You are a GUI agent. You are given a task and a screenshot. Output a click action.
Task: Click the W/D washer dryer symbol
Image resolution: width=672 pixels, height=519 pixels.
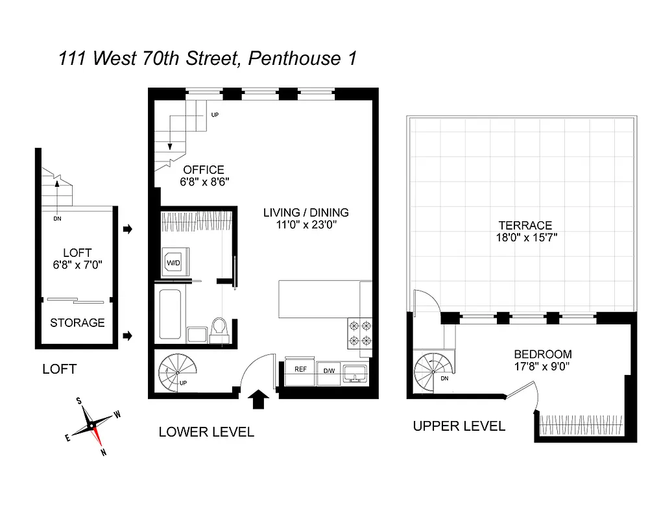tap(173, 263)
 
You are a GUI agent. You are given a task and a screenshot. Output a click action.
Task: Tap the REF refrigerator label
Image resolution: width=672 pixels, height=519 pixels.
tap(300, 369)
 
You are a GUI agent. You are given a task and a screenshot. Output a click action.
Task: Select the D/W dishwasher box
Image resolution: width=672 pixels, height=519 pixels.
tap(329, 370)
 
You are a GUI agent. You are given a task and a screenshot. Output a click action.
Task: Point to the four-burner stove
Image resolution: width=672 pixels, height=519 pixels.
tap(360, 333)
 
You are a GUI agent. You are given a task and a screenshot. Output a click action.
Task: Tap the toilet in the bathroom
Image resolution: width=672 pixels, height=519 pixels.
tap(219, 328)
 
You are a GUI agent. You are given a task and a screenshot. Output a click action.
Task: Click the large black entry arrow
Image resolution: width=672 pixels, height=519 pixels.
tap(258, 399)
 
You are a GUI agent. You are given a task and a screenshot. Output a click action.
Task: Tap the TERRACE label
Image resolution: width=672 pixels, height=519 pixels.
tap(526, 225)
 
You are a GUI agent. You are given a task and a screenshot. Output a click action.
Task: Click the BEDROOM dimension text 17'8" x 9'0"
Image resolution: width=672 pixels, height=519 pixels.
tap(543, 367)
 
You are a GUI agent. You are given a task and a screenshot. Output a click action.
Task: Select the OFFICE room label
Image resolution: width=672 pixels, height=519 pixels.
tap(204, 170)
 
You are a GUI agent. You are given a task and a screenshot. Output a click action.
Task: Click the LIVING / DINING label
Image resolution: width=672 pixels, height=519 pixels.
tap(306, 212)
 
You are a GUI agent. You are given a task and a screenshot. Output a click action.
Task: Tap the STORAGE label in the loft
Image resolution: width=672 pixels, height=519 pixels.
tap(77, 322)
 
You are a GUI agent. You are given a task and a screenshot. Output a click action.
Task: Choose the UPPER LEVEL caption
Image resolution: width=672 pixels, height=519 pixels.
tap(459, 426)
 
